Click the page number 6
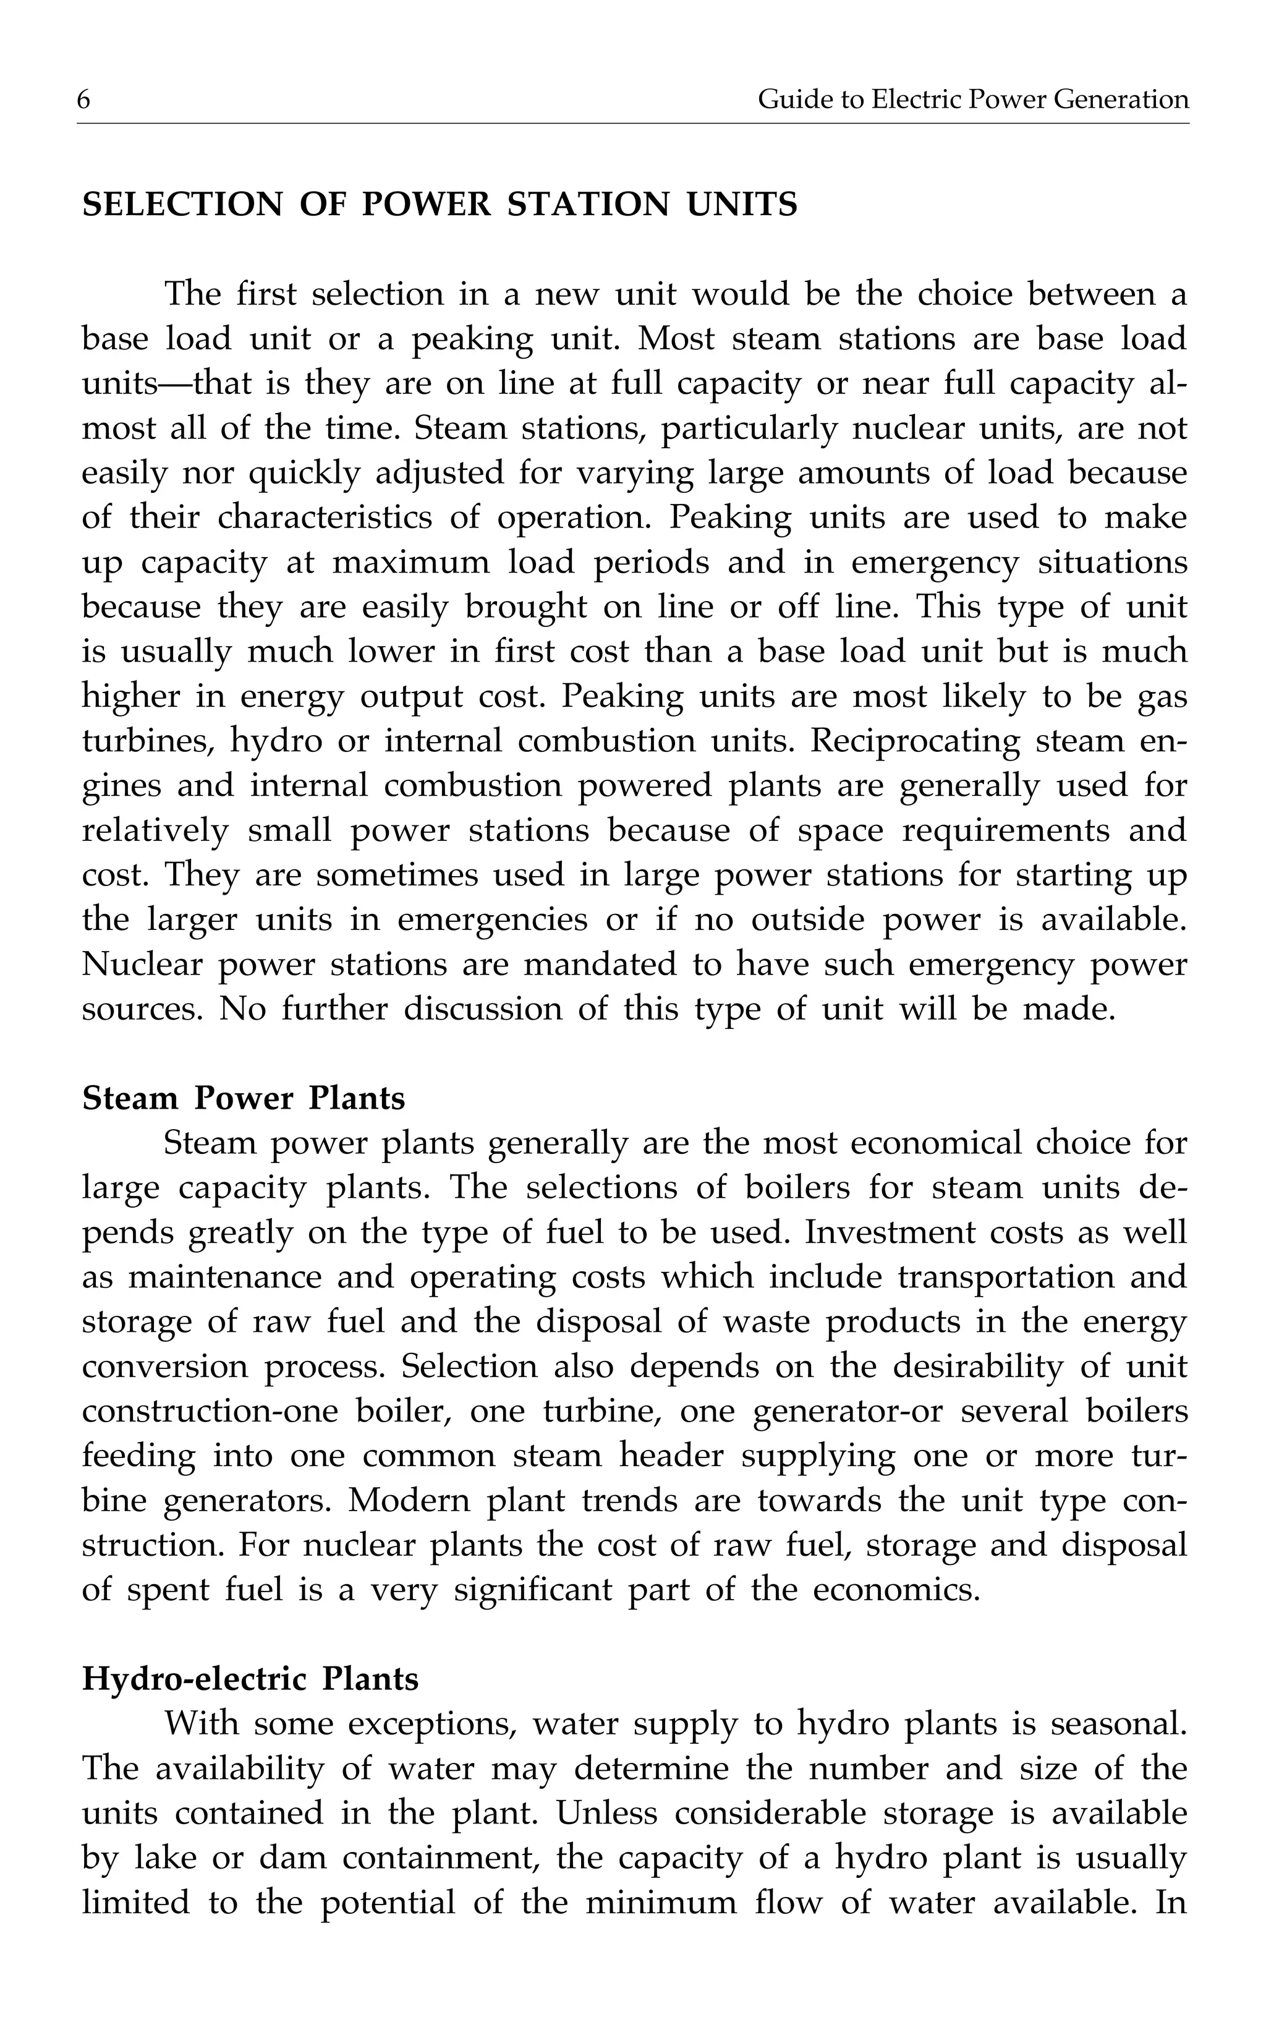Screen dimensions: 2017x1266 [83, 100]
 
